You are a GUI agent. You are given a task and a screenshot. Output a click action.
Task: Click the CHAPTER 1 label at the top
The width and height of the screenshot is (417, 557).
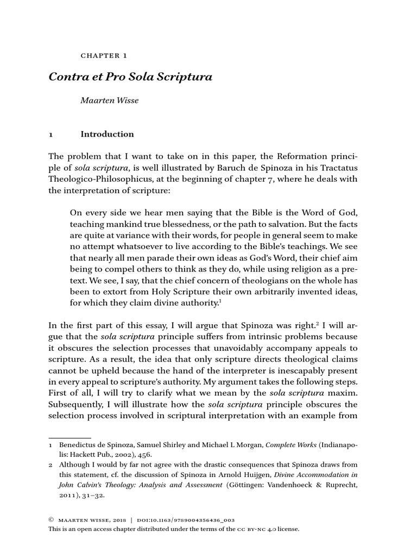103,55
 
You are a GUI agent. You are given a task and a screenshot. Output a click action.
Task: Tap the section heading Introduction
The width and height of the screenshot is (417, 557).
107,134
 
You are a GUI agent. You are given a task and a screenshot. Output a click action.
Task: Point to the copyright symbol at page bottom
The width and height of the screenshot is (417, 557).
52,520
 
